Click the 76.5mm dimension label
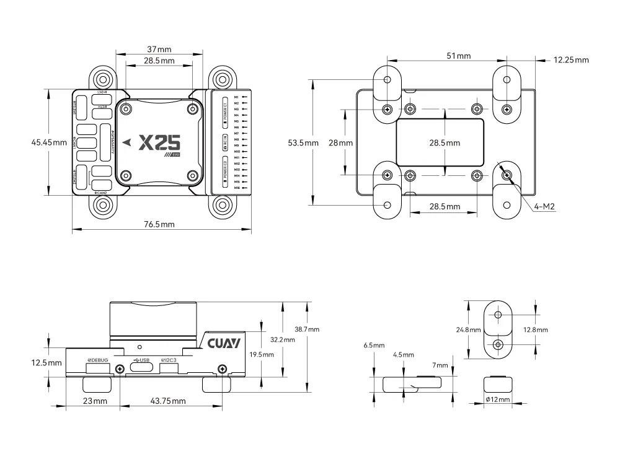click(x=159, y=224)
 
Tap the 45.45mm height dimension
click(x=49, y=142)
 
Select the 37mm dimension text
click(x=159, y=49)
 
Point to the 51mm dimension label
click(x=458, y=56)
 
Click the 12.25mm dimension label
click(x=571, y=60)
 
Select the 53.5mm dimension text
click(x=304, y=142)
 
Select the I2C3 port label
click(x=169, y=360)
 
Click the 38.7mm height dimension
click(x=307, y=328)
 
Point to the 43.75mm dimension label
click(x=168, y=401)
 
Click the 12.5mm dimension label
click(x=46, y=362)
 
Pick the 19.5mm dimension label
click(x=260, y=354)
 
